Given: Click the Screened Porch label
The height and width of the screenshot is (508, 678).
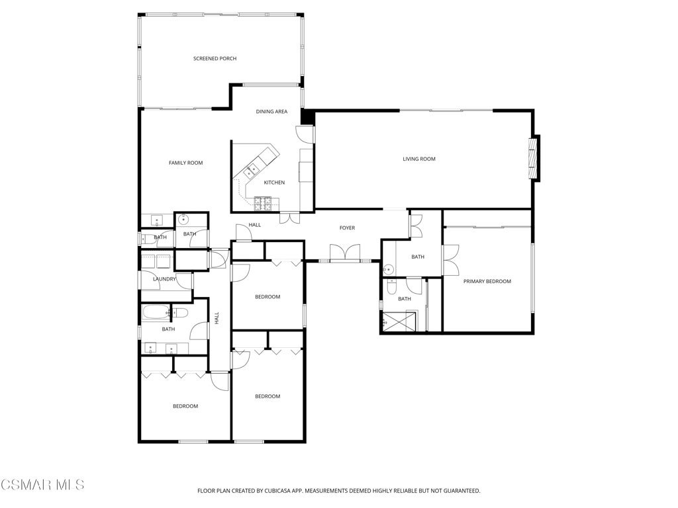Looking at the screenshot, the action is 215,59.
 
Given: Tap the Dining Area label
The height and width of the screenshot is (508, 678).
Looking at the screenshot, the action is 271,111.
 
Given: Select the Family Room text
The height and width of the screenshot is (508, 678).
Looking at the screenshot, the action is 185,163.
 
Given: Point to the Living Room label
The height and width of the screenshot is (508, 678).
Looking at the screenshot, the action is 419,159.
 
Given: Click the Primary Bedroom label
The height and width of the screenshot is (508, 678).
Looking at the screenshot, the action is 487,281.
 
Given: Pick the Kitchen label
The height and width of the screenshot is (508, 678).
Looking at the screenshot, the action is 274,183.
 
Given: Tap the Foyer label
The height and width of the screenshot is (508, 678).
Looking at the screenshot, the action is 347,228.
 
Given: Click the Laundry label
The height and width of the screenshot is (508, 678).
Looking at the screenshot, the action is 164,279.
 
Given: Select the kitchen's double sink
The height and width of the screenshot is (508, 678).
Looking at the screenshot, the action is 252,170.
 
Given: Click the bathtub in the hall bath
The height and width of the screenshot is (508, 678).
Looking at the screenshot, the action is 156,312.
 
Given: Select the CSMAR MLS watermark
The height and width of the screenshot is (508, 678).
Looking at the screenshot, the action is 42,484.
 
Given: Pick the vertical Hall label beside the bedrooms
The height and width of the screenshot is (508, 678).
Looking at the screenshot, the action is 217,318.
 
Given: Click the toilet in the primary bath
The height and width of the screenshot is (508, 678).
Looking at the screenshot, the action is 392,286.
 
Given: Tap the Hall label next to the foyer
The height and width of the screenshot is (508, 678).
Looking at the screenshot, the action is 255,225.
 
